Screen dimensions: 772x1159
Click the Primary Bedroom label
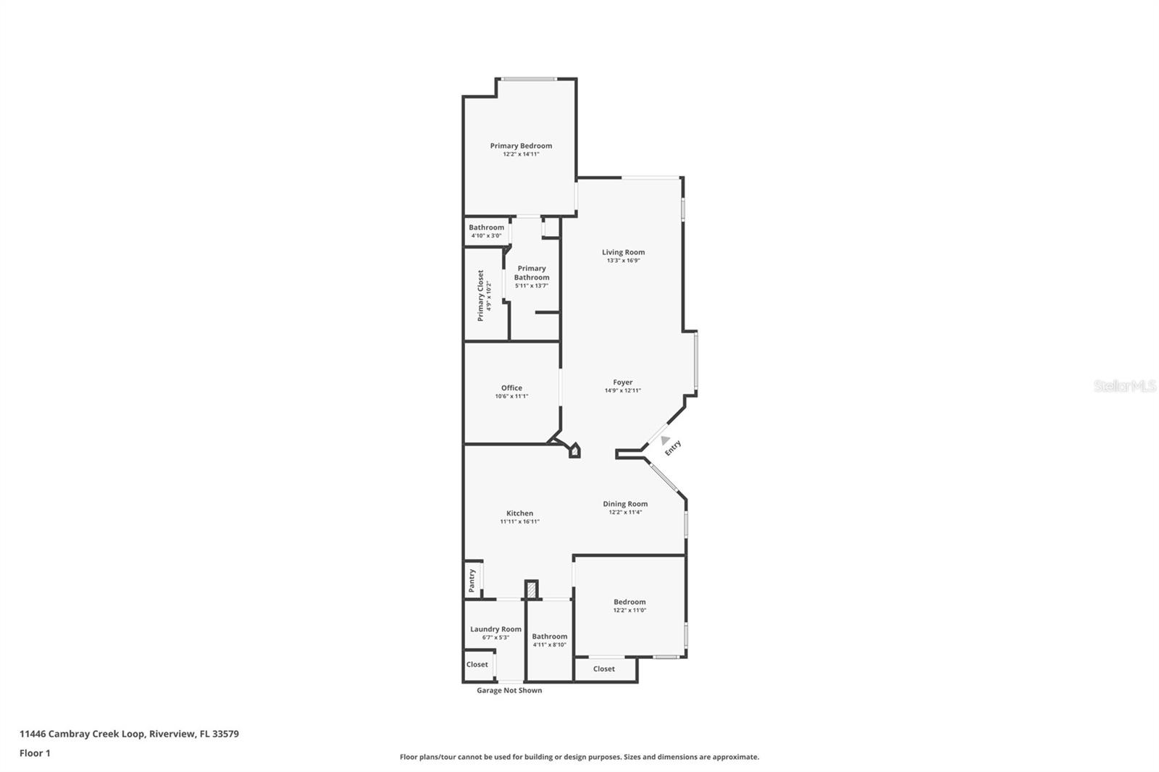coord(521,146)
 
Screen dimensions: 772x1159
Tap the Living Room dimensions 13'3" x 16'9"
coord(623,261)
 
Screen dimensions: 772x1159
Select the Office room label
coord(511,387)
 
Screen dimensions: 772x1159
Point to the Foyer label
coord(622,382)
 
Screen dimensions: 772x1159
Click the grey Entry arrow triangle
coord(665,440)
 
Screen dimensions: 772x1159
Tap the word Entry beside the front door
coord(673,448)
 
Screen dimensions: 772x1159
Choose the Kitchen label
coord(519,513)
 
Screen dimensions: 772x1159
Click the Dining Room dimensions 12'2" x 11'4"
coord(625,512)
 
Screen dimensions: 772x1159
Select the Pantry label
coord(472,580)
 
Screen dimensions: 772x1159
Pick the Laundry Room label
coord(495,629)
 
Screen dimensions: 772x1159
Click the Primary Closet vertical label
coord(480,295)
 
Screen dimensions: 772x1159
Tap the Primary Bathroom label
coord(532,272)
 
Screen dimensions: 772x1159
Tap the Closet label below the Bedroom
coord(603,668)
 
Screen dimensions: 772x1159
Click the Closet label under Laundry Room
coord(477,664)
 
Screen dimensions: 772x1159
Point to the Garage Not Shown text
coord(509,690)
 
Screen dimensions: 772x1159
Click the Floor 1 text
coord(35,753)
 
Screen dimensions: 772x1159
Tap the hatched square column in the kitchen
coord(532,590)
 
